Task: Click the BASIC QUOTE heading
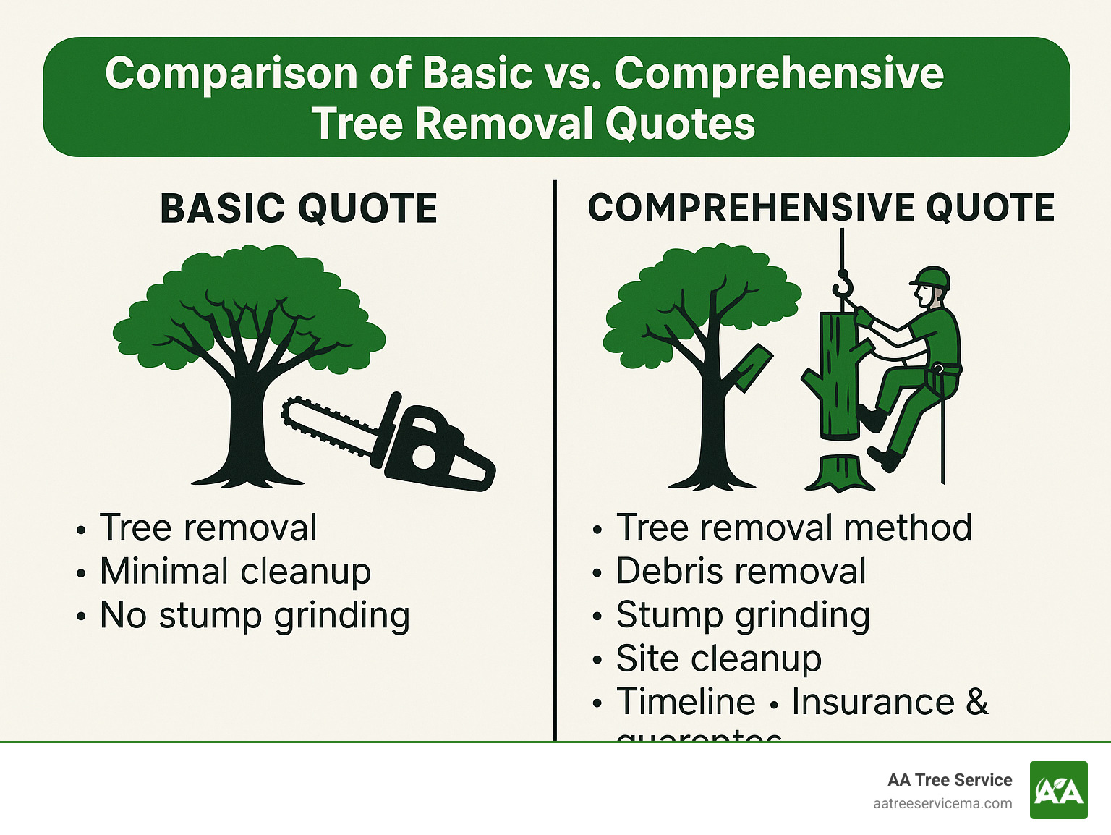(298, 208)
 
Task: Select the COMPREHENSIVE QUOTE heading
(821, 208)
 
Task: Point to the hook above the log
(843, 286)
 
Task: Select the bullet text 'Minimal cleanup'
(235, 572)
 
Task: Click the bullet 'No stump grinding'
(255, 616)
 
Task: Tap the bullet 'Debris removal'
(741, 572)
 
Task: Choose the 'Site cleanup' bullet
(718, 659)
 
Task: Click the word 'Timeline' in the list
(686, 702)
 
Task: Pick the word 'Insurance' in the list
(873, 702)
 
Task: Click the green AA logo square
(1058, 790)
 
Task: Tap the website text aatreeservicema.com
(942, 804)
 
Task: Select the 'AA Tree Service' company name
(950, 780)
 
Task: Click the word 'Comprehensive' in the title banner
(779, 73)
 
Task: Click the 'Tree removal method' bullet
(793, 527)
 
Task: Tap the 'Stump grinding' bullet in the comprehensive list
(743, 616)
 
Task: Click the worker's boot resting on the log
(871, 417)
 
